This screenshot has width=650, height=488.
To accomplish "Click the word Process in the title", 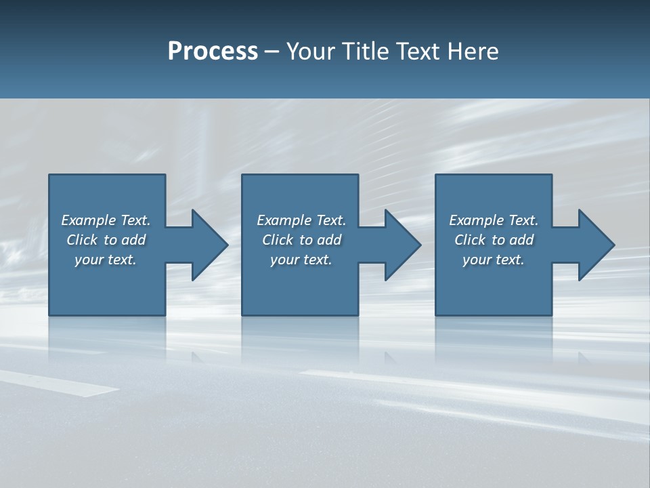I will tap(213, 52).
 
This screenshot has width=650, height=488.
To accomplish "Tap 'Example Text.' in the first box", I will tap(106, 220).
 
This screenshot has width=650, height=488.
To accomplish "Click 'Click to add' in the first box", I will tap(106, 240).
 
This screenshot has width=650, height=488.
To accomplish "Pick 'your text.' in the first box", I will tap(106, 260).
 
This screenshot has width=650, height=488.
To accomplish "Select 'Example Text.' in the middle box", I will tap(301, 220).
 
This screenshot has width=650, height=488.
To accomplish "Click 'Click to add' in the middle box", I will tap(301, 240).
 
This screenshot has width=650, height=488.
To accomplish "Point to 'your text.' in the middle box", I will tap(301, 260).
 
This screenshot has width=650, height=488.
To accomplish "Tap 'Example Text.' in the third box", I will tap(494, 220).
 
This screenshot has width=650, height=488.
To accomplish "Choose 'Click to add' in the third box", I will tap(494, 240).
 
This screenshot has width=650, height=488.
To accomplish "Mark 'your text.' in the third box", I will tap(494, 260).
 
